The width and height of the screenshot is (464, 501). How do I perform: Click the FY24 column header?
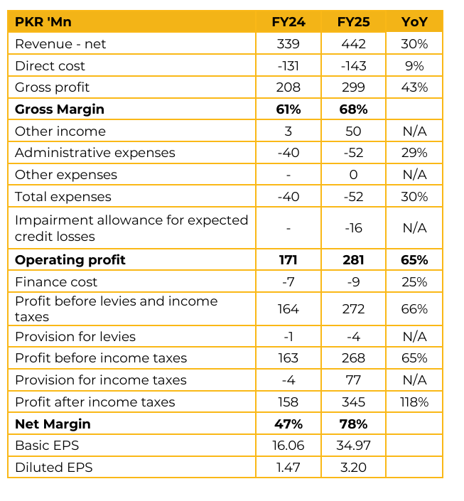tap(288, 22)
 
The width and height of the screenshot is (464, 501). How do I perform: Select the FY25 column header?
tap(353, 22)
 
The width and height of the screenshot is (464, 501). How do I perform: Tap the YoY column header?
tap(414, 22)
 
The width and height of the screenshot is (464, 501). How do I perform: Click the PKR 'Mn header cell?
tap(43, 22)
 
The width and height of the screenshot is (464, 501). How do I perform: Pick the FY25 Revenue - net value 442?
tap(353, 44)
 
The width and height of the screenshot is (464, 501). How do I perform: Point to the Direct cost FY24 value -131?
tap(288, 66)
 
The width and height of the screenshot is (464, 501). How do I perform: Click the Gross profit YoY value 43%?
tap(414, 87)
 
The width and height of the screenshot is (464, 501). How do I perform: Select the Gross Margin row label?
tap(60, 109)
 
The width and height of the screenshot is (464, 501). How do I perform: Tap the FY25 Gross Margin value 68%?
tap(353, 109)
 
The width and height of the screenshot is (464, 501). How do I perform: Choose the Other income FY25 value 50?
tap(353, 131)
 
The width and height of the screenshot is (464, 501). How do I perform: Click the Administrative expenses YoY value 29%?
tap(414, 153)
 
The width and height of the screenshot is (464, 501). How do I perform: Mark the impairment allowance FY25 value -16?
tap(353, 228)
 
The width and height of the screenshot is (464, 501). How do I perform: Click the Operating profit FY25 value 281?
tap(353, 260)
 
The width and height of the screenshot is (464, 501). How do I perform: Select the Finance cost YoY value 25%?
tap(414, 282)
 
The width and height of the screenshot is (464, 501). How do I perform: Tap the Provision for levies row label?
tap(75, 337)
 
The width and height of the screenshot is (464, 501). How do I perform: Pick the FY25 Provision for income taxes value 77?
tap(353, 380)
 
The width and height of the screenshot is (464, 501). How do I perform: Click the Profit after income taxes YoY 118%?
tap(414, 402)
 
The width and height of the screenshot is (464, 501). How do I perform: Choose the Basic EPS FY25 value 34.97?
tap(353, 446)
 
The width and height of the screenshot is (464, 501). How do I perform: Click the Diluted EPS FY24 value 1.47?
tap(288, 468)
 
